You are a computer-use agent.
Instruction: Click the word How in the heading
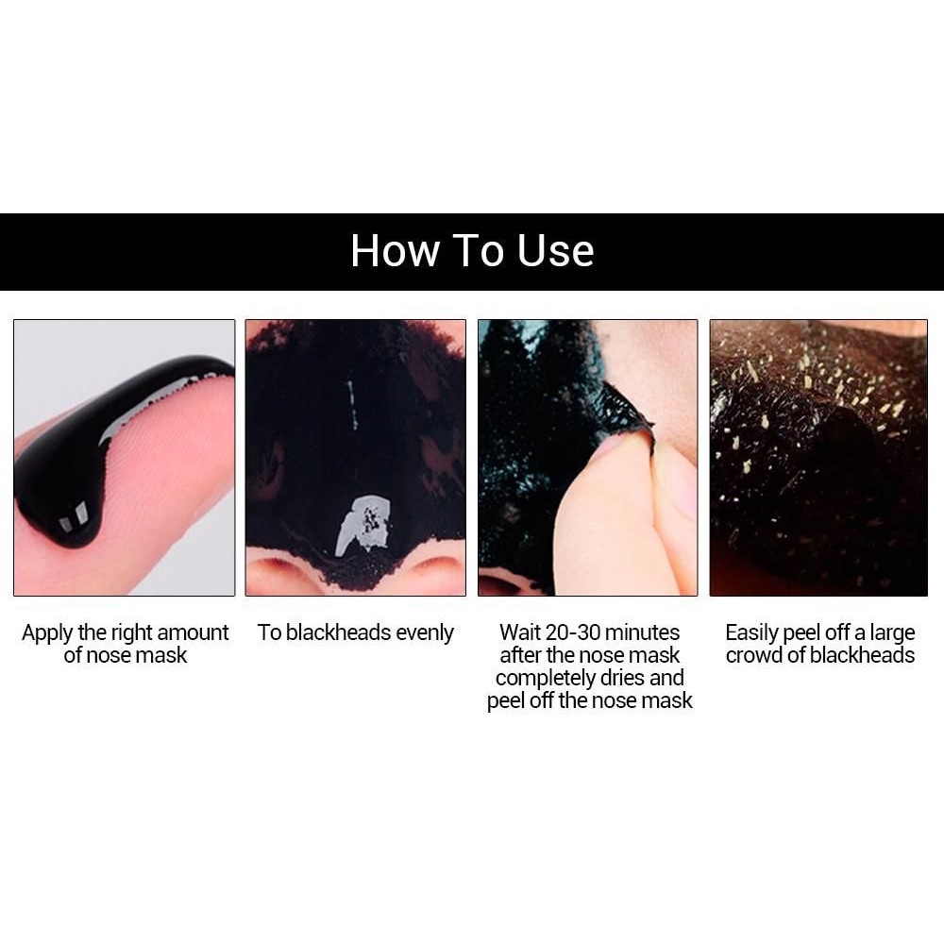(396, 250)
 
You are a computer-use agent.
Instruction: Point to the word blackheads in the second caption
(339, 632)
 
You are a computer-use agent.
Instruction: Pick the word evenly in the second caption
(425, 633)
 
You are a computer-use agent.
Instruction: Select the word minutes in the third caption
(642, 632)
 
